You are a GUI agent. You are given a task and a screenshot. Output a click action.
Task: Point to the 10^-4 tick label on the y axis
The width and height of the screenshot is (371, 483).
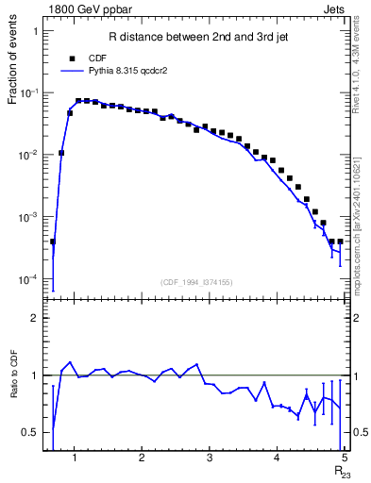(29, 279)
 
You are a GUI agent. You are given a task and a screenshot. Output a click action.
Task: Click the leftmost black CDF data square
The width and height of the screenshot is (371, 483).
(53, 241)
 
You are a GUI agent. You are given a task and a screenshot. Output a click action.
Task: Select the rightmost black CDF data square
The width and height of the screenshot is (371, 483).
(340, 241)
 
